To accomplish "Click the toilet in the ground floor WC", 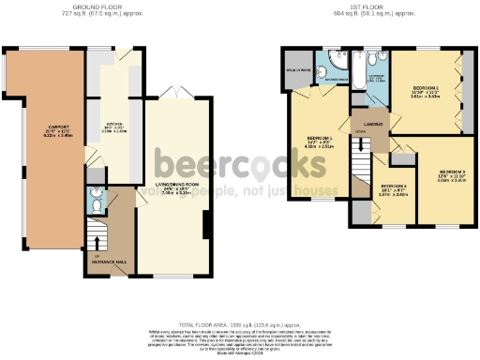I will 98,199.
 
